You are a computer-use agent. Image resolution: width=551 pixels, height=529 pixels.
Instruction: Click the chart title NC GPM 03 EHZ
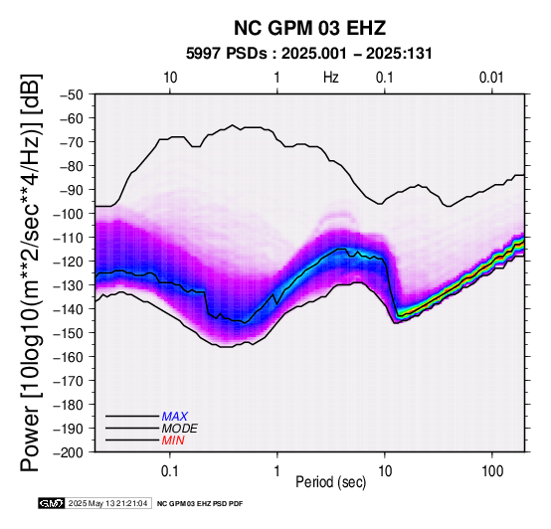(309, 28)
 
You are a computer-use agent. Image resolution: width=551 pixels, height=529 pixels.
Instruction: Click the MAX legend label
(175, 417)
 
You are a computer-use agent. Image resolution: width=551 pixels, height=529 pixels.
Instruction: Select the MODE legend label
(180, 429)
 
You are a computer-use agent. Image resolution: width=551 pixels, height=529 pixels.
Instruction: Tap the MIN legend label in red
(173, 441)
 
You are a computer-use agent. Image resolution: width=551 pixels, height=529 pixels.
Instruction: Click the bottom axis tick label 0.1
(170, 471)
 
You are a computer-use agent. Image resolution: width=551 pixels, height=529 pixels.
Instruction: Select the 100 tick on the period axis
(492, 471)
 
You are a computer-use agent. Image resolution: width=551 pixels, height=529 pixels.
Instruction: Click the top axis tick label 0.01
(491, 78)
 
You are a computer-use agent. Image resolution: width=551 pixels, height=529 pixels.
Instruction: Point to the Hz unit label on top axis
(330, 78)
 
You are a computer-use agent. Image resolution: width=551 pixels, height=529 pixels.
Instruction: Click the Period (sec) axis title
(330, 482)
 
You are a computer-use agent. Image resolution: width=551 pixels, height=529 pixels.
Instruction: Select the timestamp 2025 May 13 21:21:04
(107, 504)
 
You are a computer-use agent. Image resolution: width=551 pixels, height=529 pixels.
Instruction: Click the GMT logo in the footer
(52, 504)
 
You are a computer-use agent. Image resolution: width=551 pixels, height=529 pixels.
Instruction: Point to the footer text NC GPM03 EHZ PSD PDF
(200, 504)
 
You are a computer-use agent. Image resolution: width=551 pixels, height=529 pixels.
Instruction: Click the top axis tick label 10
(170, 78)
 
